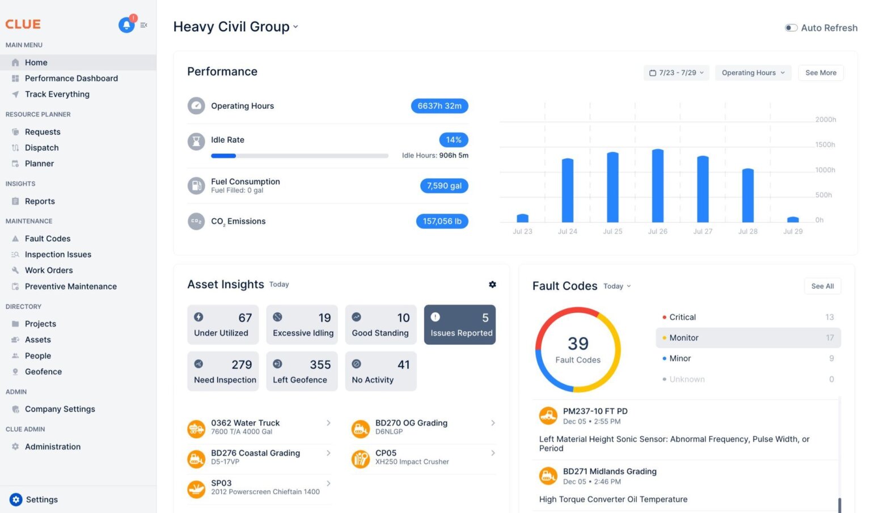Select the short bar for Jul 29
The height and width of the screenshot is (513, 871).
click(793, 219)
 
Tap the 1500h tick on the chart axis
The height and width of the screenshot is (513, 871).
click(825, 145)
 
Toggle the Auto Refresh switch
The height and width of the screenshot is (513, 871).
click(791, 28)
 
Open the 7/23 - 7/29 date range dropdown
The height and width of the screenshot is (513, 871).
click(676, 73)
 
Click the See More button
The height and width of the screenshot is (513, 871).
click(821, 73)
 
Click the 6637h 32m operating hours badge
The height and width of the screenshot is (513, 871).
click(439, 106)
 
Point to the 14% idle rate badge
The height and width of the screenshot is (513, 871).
click(454, 140)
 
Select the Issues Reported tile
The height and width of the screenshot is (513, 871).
click(460, 325)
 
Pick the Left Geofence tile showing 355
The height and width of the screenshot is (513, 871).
click(302, 371)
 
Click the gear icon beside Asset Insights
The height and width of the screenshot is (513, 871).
click(492, 285)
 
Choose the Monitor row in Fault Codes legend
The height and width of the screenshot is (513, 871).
click(748, 338)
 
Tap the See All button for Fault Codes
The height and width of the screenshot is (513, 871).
click(822, 286)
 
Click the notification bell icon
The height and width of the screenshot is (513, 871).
click(126, 25)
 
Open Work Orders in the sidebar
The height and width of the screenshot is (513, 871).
click(49, 270)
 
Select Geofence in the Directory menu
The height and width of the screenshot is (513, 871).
click(43, 372)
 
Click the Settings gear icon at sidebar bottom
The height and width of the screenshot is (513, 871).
click(16, 499)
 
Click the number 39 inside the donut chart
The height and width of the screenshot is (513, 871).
click(578, 344)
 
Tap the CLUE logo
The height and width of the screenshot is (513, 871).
click(23, 24)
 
